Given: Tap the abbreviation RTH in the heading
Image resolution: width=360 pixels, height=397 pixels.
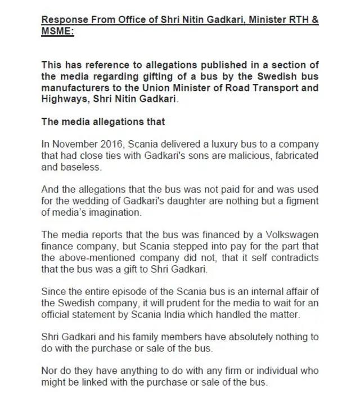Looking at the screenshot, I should [x=298, y=20].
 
